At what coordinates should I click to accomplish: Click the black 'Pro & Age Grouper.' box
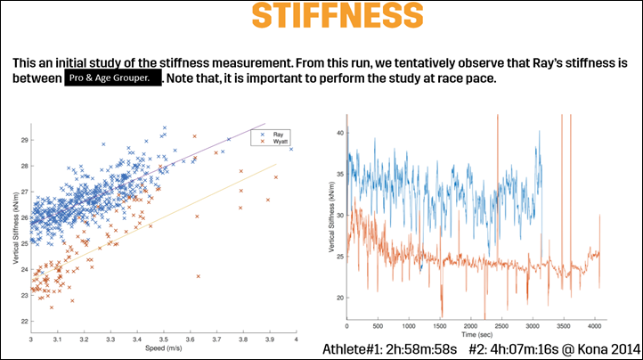click(x=113, y=79)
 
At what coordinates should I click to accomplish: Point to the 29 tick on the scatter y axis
click(x=24, y=141)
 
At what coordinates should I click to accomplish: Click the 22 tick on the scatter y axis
click(x=24, y=321)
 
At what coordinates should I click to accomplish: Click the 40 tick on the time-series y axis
click(x=339, y=131)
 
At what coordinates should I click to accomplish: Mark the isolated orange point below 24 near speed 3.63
click(x=199, y=276)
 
